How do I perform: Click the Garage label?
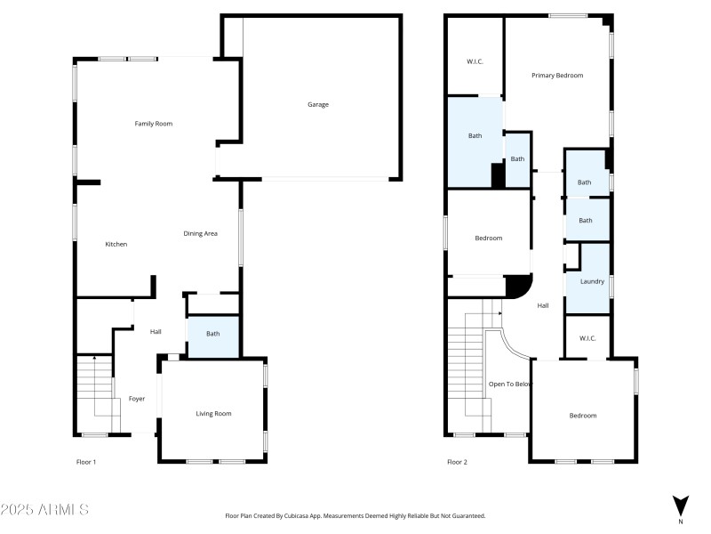pos(318,104)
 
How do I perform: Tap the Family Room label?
pos(153,124)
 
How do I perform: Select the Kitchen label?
pos(116,244)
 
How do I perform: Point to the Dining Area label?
pos(201,233)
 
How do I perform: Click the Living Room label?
pos(213,414)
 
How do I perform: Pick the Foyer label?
pos(137,399)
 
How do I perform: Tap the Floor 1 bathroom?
pos(213,336)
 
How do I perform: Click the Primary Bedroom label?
pos(557,76)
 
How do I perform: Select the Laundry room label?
pos(592,281)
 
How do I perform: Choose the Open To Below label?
pos(510,384)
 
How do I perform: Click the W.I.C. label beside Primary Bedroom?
pos(475,61)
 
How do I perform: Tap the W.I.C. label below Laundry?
pos(587,338)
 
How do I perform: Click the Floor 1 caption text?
pos(86,462)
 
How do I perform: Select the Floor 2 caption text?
pos(457,462)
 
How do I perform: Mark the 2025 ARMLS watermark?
pos(44,509)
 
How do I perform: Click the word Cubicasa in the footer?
pos(296,516)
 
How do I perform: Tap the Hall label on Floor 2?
pos(543,305)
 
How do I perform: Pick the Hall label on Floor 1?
pos(156,332)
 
